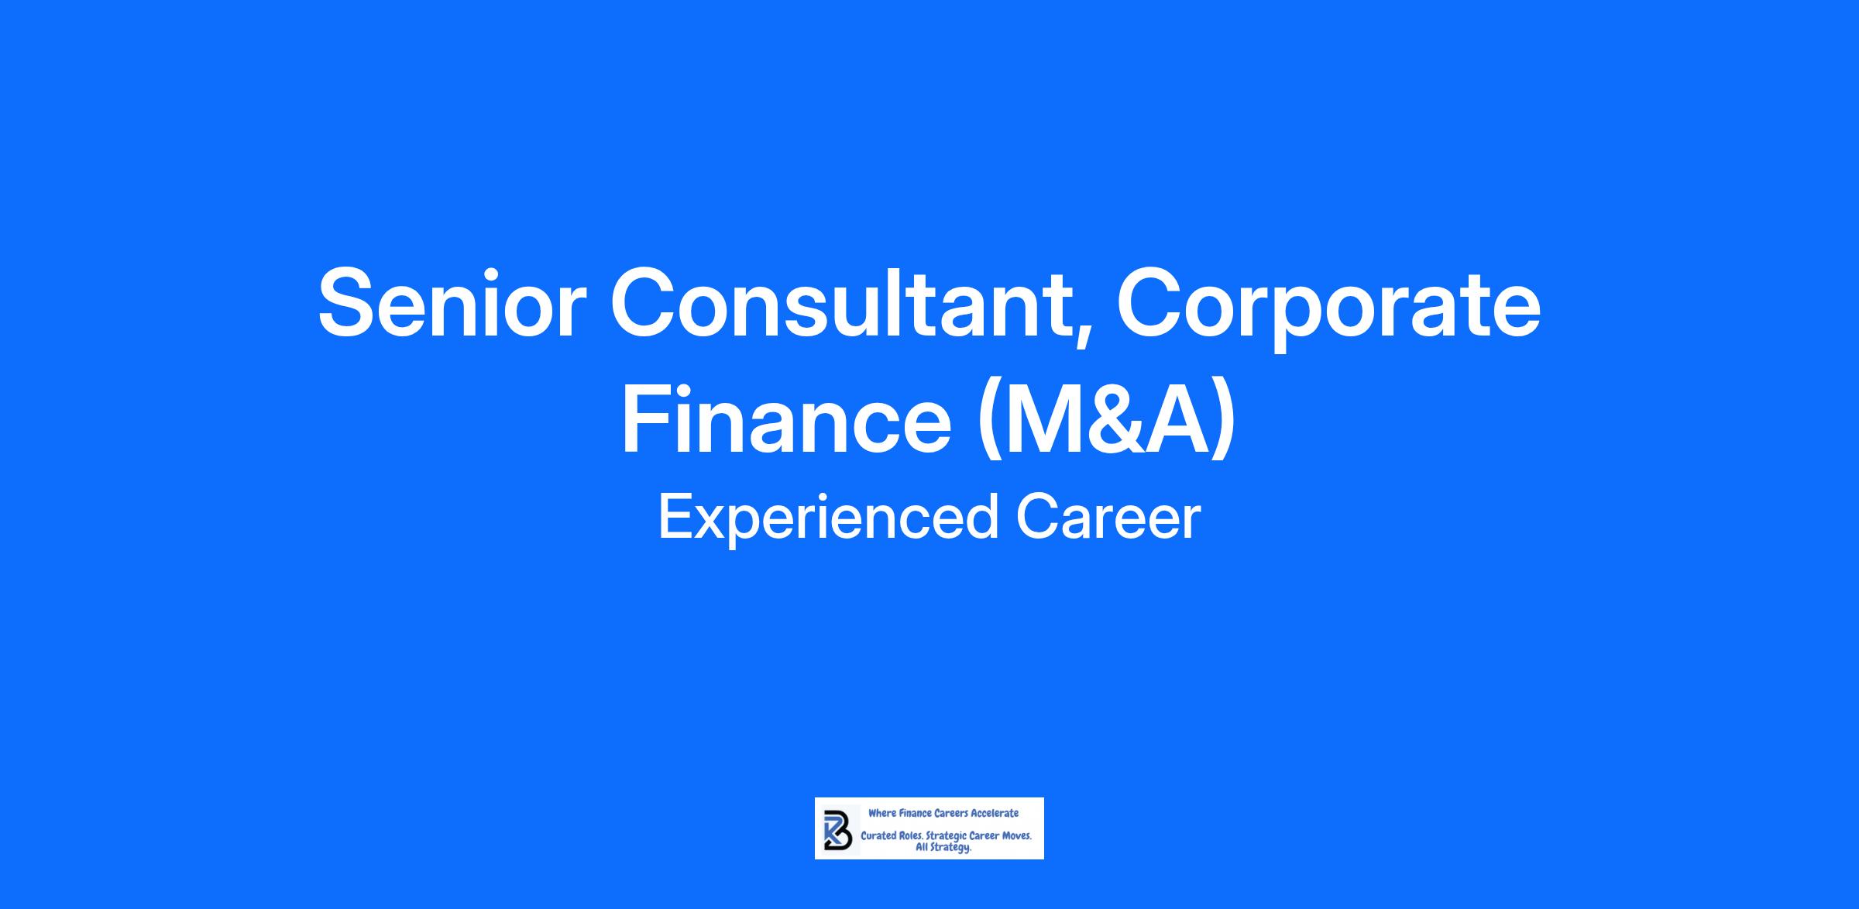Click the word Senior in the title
click(448, 304)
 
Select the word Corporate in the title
click(1328, 308)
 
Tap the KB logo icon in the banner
click(838, 830)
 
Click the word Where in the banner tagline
click(882, 813)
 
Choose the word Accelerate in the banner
click(995, 813)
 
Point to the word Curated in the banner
click(878, 836)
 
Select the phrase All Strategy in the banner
click(943, 849)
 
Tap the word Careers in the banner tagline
click(951, 813)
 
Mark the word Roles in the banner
click(912, 836)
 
